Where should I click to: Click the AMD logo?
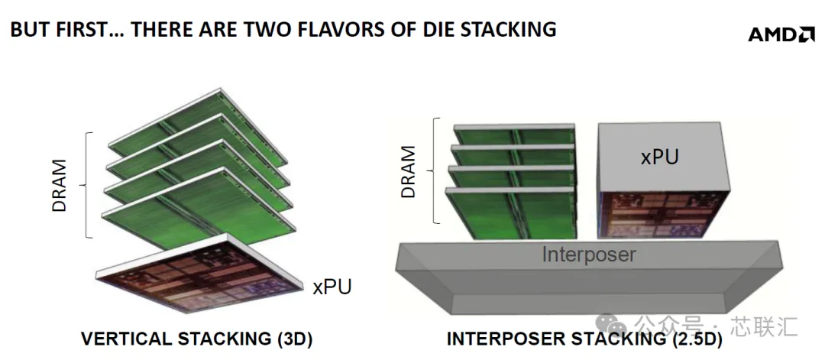781,34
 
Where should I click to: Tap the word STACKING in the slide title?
508,30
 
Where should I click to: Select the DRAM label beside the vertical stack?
60,185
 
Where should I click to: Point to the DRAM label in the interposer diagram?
408,171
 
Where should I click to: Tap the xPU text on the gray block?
659,157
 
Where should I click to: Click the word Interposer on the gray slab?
589,255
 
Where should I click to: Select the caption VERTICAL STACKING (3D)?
197,339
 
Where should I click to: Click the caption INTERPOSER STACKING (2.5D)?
584,339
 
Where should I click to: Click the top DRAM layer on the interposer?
514,135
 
